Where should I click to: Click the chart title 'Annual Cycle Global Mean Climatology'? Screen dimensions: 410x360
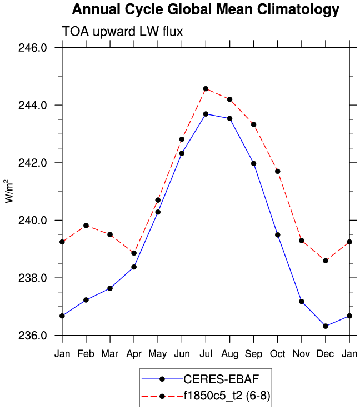(x=205, y=9)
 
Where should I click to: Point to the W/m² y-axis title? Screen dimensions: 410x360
(x=8, y=192)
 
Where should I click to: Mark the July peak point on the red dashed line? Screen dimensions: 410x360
(x=206, y=88)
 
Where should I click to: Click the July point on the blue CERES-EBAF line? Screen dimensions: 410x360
(x=206, y=114)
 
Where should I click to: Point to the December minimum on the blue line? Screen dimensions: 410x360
(x=325, y=326)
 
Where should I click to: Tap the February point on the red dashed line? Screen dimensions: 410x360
(x=86, y=226)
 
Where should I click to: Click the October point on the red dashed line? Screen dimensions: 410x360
(x=277, y=171)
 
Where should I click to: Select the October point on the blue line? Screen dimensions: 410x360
(x=277, y=235)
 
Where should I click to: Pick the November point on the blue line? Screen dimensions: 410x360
(x=301, y=301)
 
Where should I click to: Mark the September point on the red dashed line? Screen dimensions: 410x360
(x=253, y=124)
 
